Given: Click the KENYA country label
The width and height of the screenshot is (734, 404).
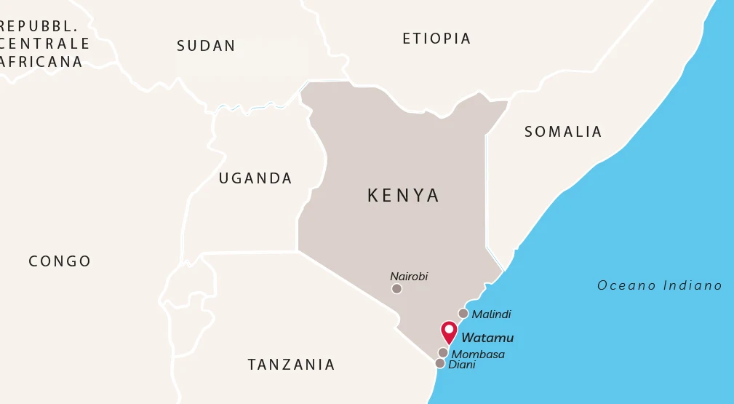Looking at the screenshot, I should coord(404,196).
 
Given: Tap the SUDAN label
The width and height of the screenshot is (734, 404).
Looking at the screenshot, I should coord(207,46).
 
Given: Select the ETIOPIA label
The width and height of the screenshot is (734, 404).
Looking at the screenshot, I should coord(436,39).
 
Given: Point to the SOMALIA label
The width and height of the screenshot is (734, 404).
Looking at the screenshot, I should coord(563,132).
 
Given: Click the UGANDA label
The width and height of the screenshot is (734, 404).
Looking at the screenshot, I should coord(255,178).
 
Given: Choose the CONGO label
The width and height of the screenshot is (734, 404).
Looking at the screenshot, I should coord(60,261).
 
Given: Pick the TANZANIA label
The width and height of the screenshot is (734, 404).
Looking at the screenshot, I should coord(291,365).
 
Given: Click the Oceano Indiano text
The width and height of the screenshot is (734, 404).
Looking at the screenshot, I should coord(659,285).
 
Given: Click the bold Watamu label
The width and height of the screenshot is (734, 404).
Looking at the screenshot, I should coord(487,338).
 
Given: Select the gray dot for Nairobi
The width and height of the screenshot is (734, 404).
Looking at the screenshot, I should coord(396,288).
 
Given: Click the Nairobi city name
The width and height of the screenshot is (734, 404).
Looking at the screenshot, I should coord(409,277).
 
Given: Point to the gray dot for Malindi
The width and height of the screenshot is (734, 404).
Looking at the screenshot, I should coord(463,314).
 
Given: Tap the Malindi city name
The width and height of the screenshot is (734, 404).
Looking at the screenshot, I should coord(491,314).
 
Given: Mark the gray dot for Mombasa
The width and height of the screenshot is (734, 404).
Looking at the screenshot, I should coord(443,352).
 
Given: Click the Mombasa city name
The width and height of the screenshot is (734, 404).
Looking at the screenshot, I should coord(478,355).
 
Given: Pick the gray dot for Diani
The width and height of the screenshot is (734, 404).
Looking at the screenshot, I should coord(439,363).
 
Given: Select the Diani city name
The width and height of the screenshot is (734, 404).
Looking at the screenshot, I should coord(462,365).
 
